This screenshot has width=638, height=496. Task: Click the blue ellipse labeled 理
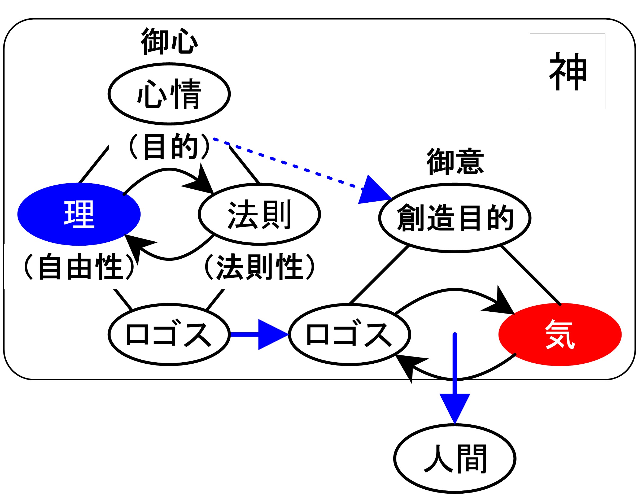point(79,214)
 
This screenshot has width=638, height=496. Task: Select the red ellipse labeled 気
point(560,334)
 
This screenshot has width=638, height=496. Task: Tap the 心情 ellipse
point(169,94)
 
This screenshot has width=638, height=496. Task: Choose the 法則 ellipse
point(259,214)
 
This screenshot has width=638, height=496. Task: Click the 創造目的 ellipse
point(455,218)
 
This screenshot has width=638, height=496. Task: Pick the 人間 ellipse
point(455,459)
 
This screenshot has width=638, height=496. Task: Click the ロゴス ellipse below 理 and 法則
point(169,334)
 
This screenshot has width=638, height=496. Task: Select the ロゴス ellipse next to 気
point(350,334)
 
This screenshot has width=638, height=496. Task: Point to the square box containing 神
point(567,71)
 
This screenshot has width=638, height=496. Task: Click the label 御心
point(169,41)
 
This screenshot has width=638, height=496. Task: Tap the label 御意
point(455,162)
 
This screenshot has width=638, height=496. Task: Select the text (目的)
point(169,146)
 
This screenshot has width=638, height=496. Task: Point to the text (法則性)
point(259,267)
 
